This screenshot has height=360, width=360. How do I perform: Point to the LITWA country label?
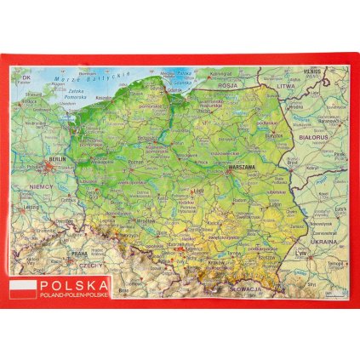click(295, 87)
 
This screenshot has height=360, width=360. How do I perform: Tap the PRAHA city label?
click(79, 253)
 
